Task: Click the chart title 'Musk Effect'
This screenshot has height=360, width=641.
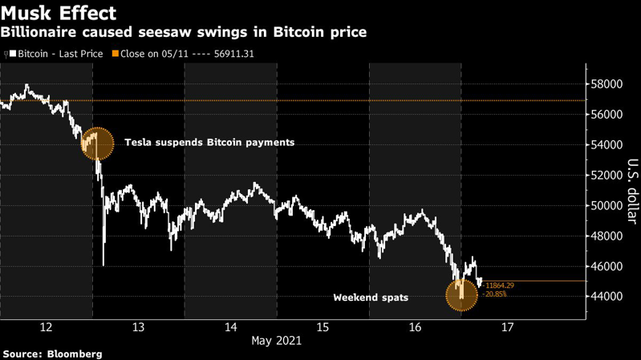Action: click(x=59, y=14)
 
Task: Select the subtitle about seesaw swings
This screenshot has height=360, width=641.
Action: click(x=184, y=33)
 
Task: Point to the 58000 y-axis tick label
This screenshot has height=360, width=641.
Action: click(x=607, y=84)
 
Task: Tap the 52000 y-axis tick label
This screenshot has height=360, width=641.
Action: click(x=607, y=175)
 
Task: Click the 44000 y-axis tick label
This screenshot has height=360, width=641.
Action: click(x=607, y=297)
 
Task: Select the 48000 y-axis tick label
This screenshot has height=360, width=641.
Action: click(x=607, y=236)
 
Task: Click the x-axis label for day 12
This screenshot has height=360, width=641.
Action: click(x=46, y=327)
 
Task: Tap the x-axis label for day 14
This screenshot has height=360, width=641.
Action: click(x=230, y=327)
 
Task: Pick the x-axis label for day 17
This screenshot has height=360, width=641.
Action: click(x=507, y=327)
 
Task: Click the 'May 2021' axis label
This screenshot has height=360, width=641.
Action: click(x=277, y=342)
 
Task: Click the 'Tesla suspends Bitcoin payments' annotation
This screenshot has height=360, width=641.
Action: click(x=209, y=143)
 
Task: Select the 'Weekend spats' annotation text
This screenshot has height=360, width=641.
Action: click(x=371, y=297)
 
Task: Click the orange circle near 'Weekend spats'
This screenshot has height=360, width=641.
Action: click(x=461, y=294)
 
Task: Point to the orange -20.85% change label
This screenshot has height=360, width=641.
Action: click(x=495, y=294)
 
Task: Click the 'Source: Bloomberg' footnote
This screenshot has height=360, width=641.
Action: click(x=52, y=353)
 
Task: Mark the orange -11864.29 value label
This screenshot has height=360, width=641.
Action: click(x=498, y=285)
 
